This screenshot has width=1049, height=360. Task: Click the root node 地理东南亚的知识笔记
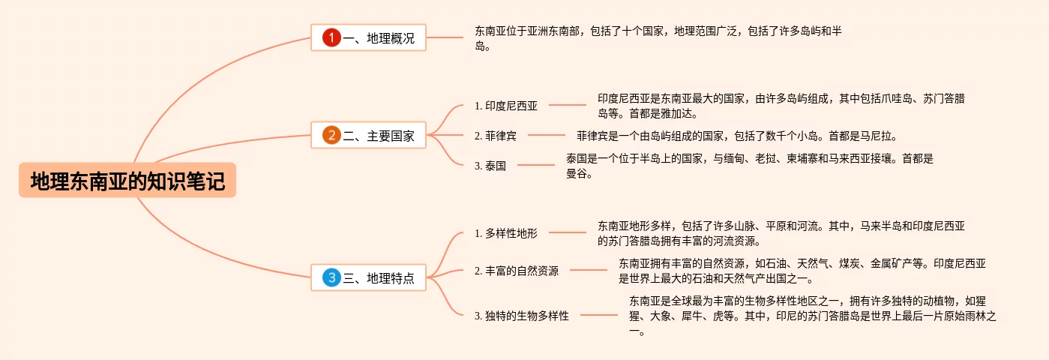click(x=127, y=181)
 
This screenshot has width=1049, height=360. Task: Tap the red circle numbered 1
click(x=331, y=37)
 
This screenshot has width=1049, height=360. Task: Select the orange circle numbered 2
click(x=331, y=136)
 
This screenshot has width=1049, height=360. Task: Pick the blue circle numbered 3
click(x=331, y=278)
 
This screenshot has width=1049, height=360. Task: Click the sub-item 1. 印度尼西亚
click(x=506, y=106)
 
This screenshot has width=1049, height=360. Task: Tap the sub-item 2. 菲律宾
click(x=496, y=136)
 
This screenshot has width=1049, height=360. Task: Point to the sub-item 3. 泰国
click(x=490, y=166)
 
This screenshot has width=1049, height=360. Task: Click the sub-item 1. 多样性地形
click(x=506, y=233)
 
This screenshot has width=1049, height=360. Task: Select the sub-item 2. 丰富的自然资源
click(x=517, y=271)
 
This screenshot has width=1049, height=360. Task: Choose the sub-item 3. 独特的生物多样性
click(x=522, y=316)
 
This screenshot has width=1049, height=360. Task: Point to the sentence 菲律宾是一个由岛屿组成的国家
click(x=736, y=136)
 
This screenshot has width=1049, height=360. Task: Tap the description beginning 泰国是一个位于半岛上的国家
click(x=749, y=166)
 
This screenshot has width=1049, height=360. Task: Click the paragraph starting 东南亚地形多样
click(x=781, y=233)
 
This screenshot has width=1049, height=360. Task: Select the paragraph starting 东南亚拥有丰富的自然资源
click(x=802, y=271)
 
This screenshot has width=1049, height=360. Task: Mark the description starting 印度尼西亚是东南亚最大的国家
click(x=781, y=106)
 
